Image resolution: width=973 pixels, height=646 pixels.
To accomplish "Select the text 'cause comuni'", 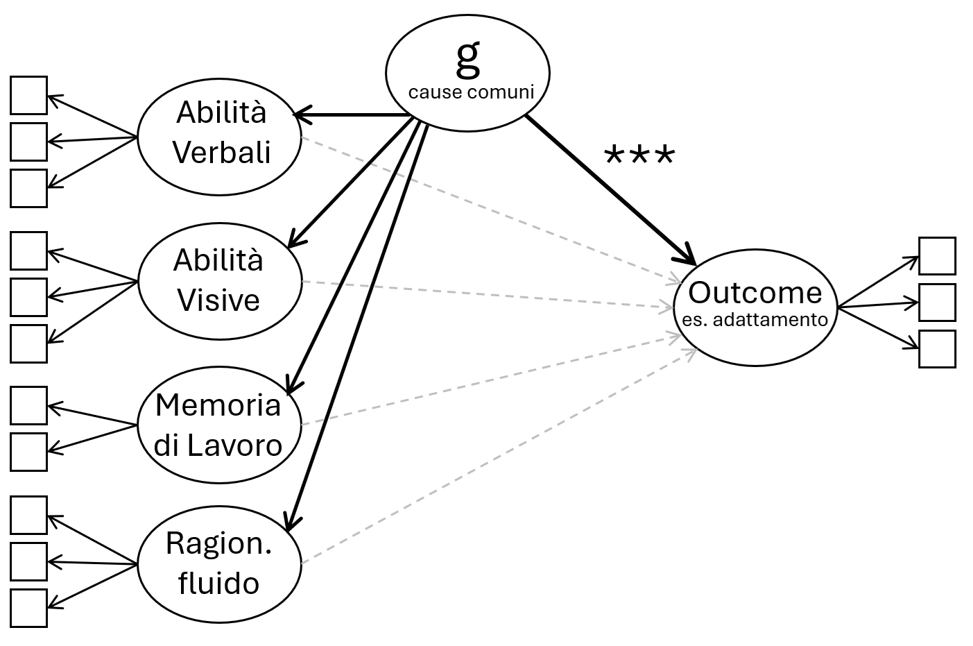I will (x=471, y=92).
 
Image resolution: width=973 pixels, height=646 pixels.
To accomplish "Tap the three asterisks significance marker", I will (x=639, y=156).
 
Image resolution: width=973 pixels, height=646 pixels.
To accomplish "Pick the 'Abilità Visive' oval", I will (x=220, y=280).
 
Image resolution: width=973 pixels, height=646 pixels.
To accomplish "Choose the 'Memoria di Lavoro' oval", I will (x=220, y=425).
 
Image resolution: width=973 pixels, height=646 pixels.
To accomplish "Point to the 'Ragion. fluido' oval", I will (x=220, y=563).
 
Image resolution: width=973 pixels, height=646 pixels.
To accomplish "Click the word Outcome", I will (x=755, y=293).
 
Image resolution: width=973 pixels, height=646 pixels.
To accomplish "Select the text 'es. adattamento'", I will (x=755, y=320).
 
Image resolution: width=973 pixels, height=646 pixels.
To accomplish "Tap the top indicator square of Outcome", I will (x=937, y=256).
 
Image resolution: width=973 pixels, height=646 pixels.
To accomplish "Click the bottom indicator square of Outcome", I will (x=937, y=348).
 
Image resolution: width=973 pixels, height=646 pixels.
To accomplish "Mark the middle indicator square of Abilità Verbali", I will (x=28, y=142).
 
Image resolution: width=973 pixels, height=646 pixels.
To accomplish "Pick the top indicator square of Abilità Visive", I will (x=28, y=250).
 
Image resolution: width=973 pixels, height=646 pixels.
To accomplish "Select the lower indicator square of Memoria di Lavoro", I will (x=28, y=452).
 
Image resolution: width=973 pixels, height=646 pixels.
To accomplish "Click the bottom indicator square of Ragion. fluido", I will (x=28, y=608).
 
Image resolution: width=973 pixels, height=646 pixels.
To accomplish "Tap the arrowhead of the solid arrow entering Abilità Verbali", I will (x=300, y=114).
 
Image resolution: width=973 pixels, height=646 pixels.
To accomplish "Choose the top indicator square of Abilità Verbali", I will (x=28, y=95).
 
